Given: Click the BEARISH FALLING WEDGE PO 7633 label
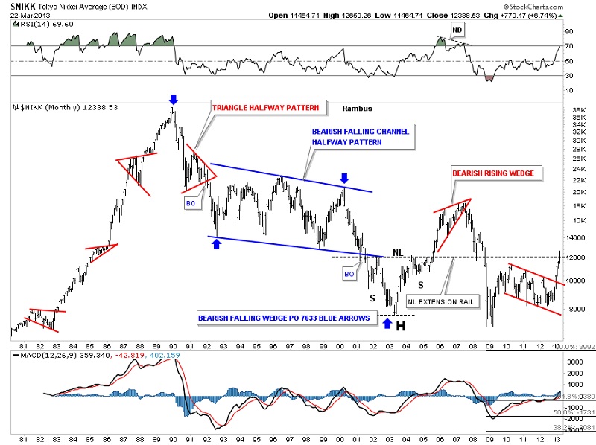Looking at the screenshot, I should [x=284, y=317].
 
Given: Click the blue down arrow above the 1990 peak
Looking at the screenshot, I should [x=173, y=98].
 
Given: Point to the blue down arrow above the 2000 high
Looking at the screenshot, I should [x=344, y=178].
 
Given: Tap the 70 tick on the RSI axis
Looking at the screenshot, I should [x=569, y=46].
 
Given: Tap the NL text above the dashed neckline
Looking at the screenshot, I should [x=397, y=252].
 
